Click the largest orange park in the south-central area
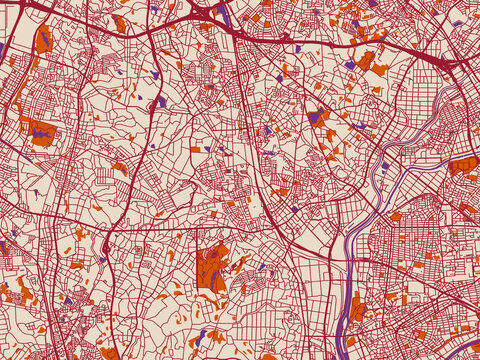(x=213, y=265)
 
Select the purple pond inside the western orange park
(x=39, y=129)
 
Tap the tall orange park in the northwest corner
(x=43, y=40)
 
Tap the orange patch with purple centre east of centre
(x=318, y=116)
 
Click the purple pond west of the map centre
(x=160, y=101)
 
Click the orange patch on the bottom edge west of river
(x=268, y=355)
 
